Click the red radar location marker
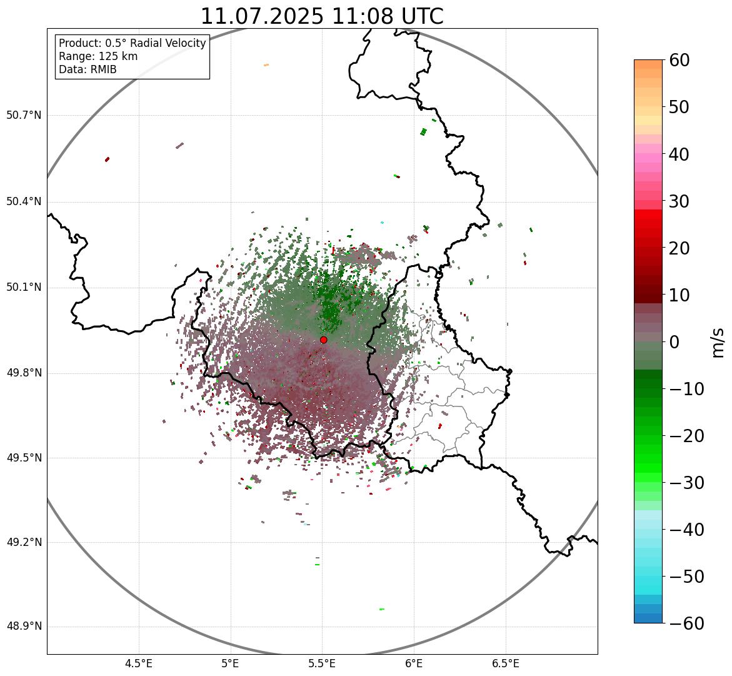(x=324, y=340)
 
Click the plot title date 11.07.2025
(x=262, y=16)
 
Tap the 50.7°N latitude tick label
(x=24, y=116)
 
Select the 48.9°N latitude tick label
(x=24, y=627)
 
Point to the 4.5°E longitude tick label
(x=139, y=663)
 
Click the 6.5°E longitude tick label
(x=505, y=663)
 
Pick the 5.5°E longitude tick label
(x=322, y=663)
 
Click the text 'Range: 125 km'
(x=98, y=56)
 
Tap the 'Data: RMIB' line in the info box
(x=88, y=69)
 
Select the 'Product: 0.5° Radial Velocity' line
(x=132, y=43)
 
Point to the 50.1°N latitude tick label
(x=24, y=288)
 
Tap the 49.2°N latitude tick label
(x=24, y=542)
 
